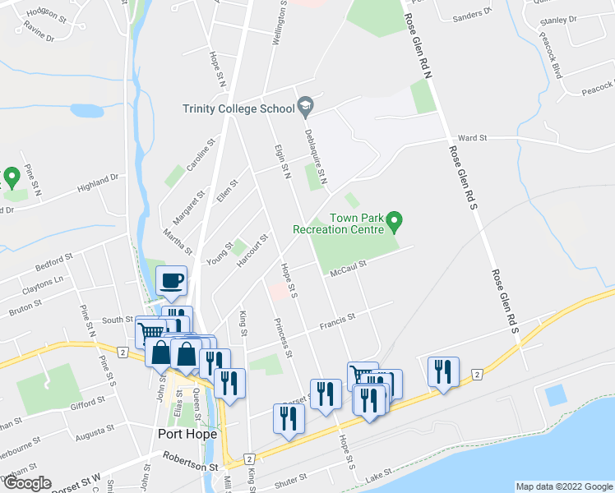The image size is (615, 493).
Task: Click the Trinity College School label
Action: [x=238, y=108]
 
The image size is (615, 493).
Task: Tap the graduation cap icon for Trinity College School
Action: [x=306, y=104]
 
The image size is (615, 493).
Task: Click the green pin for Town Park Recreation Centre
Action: [x=395, y=221]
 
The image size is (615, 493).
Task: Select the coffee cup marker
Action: [x=172, y=282]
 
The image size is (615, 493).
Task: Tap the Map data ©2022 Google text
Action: [x=563, y=486]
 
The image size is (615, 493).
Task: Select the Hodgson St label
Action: [x=44, y=13]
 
